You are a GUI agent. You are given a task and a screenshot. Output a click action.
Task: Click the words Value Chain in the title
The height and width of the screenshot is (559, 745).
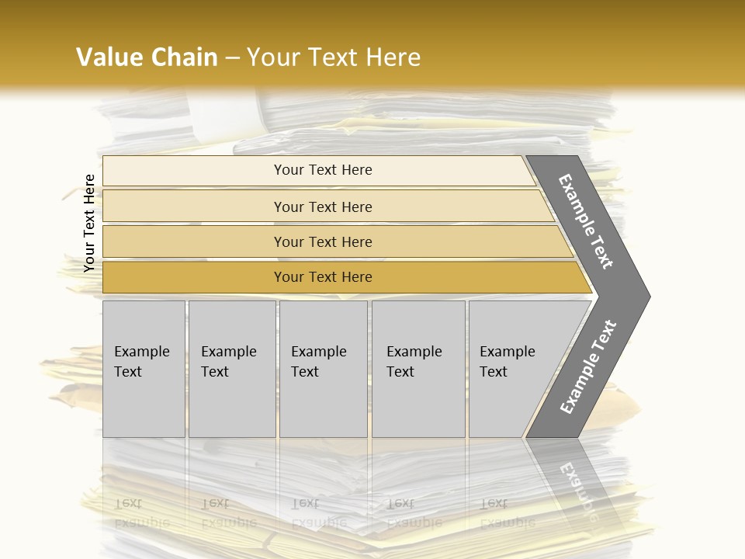pyautogui.click(x=147, y=57)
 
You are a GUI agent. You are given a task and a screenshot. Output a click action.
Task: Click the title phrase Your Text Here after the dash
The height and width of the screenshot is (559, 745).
pyautogui.click(x=334, y=57)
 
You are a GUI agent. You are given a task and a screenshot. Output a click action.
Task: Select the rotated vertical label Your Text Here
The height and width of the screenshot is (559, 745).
pyautogui.click(x=89, y=223)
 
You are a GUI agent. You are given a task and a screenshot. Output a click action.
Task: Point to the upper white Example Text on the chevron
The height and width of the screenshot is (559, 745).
pyautogui.click(x=586, y=221)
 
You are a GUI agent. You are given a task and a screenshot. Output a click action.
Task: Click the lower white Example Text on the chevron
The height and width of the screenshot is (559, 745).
pyautogui.click(x=587, y=366)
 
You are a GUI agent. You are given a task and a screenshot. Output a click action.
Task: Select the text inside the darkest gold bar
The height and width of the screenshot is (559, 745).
pyautogui.click(x=323, y=277)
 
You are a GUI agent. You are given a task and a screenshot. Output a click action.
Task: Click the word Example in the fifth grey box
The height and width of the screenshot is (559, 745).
pyautogui.click(x=507, y=352)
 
